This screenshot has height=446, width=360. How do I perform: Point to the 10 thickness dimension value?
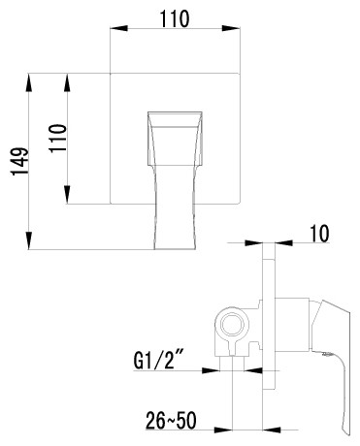[x=321, y=234]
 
